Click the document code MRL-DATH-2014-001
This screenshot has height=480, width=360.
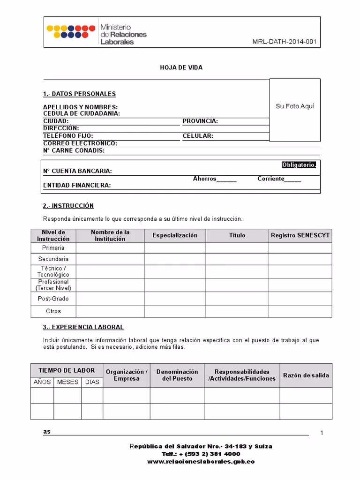[285, 42]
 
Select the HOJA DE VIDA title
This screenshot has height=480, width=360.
[181, 68]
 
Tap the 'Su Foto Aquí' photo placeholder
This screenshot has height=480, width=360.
[295, 106]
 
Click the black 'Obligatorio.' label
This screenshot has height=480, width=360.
[299, 165]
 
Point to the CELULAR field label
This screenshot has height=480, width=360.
[198, 136]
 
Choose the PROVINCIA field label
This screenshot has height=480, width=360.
[200, 121]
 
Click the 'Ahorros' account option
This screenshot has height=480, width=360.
[214, 179]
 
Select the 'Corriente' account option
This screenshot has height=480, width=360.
[279, 179]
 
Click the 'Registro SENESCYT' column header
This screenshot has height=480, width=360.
[300, 235]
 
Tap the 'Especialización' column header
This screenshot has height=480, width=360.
[175, 235]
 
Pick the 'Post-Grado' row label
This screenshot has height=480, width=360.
[53, 298]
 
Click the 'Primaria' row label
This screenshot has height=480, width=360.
[53, 248]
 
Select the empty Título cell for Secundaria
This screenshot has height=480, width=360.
[237, 259]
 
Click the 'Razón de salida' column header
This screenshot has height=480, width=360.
[306, 375]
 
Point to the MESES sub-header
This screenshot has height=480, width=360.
[67, 382]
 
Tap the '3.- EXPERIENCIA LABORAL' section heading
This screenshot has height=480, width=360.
[83, 327]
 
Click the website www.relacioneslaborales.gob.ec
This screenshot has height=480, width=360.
[201, 462]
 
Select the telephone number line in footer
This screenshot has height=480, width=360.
[201, 454]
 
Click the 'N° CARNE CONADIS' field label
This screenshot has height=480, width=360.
[74, 151]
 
